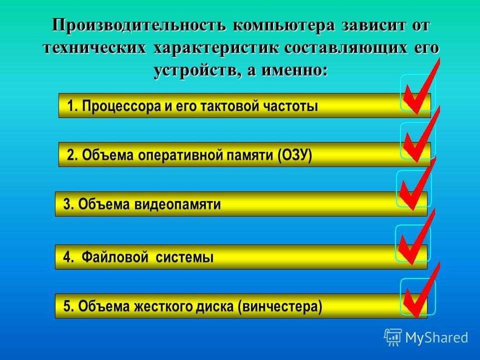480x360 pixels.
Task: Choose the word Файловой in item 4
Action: [x=115, y=257]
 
